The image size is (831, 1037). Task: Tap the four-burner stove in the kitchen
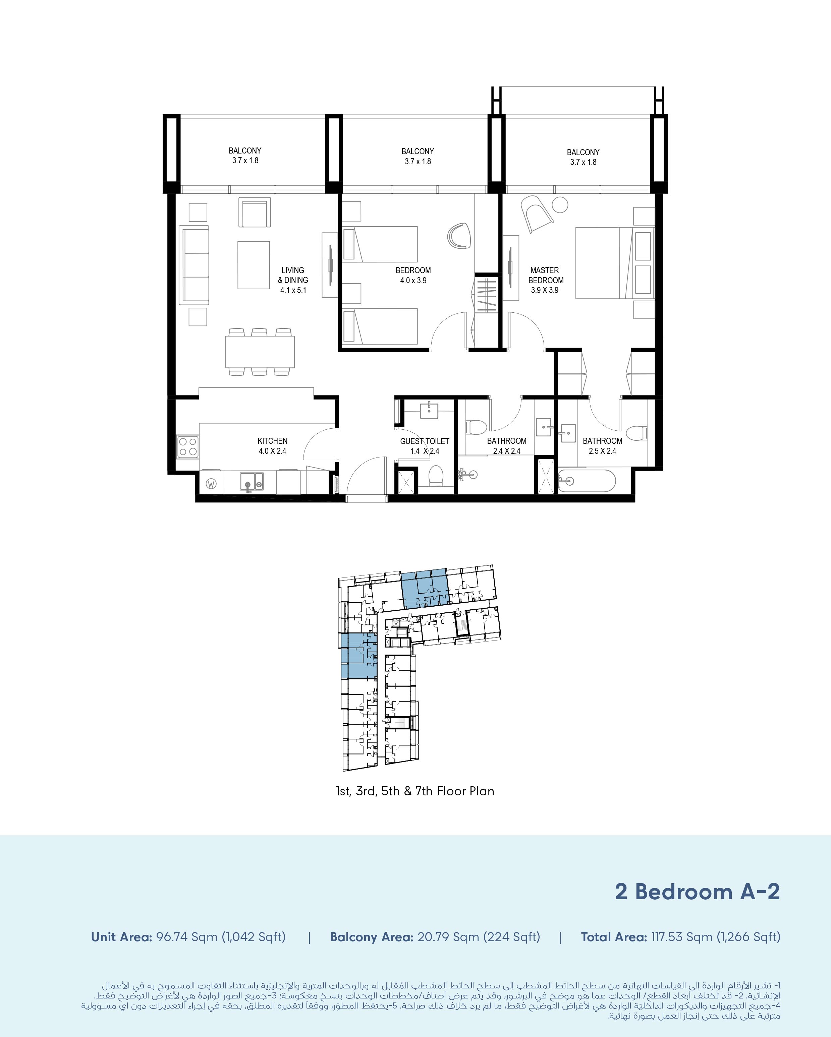point(188,446)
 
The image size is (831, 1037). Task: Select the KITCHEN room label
point(272,441)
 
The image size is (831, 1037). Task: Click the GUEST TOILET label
point(425,441)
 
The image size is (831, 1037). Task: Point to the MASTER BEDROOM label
point(546,275)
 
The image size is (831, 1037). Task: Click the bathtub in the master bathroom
point(587,481)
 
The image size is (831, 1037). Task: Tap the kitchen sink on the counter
point(251,482)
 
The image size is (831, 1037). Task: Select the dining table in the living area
point(260,352)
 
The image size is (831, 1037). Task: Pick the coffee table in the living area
point(254,265)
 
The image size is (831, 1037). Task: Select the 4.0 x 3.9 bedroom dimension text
point(413,281)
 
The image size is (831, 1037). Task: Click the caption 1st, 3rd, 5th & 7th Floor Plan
point(415,791)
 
